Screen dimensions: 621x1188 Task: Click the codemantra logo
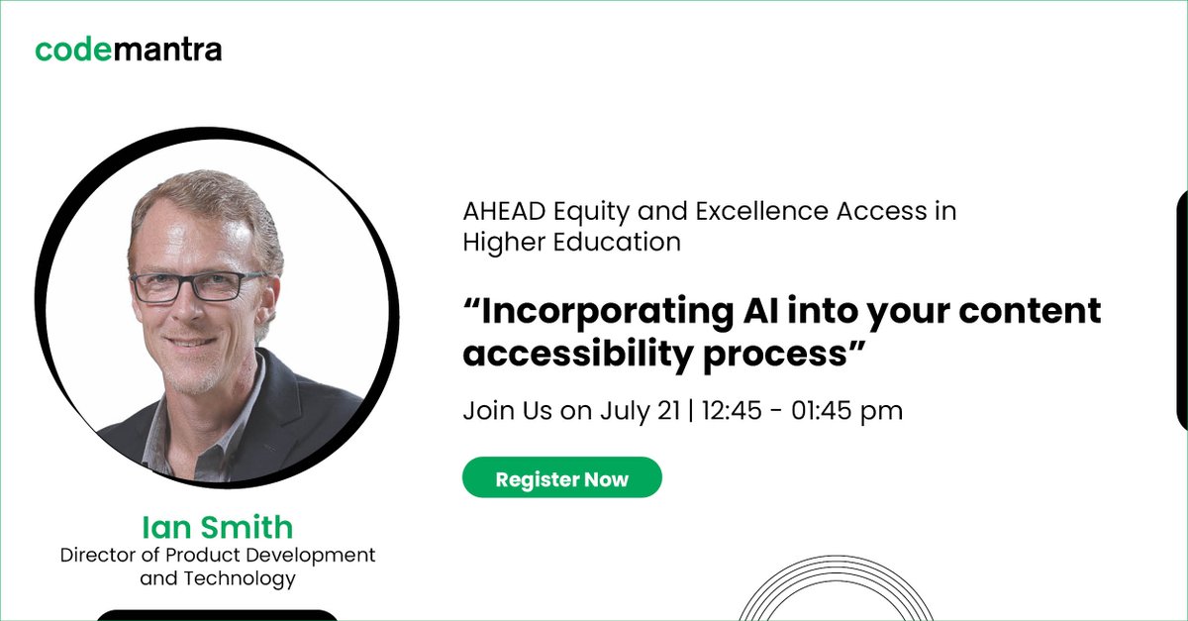129,49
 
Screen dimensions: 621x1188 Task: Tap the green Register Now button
561,479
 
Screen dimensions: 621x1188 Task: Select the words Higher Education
571,242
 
